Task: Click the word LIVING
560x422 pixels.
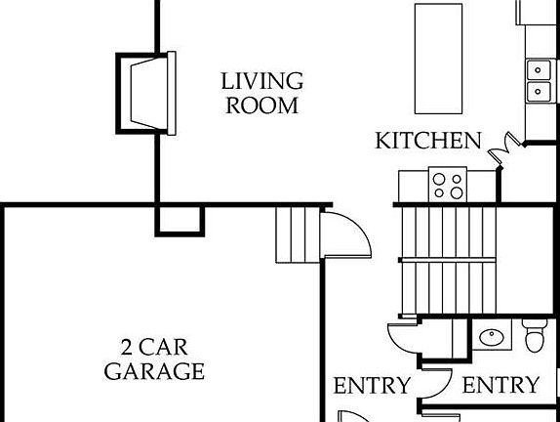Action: click(262, 81)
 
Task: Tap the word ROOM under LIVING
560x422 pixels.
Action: click(262, 105)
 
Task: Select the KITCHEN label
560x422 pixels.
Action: click(428, 141)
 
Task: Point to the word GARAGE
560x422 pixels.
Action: click(154, 371)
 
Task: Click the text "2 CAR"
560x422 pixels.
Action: click(154, 347)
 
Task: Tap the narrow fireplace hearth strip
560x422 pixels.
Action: click(172, 94)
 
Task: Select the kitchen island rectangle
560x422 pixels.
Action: click(438, 59)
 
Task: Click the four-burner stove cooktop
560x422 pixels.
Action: click(448, 186)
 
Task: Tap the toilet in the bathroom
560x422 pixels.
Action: click(535, 335)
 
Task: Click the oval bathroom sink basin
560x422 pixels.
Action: click(492, 337)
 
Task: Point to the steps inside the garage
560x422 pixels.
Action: click(298, 235)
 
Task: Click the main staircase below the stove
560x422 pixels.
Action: click(448, 261)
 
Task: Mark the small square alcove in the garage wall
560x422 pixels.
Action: click(180, 221)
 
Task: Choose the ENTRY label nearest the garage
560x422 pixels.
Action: click(372, 386)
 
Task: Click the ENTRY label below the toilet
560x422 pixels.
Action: click(500, 385)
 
